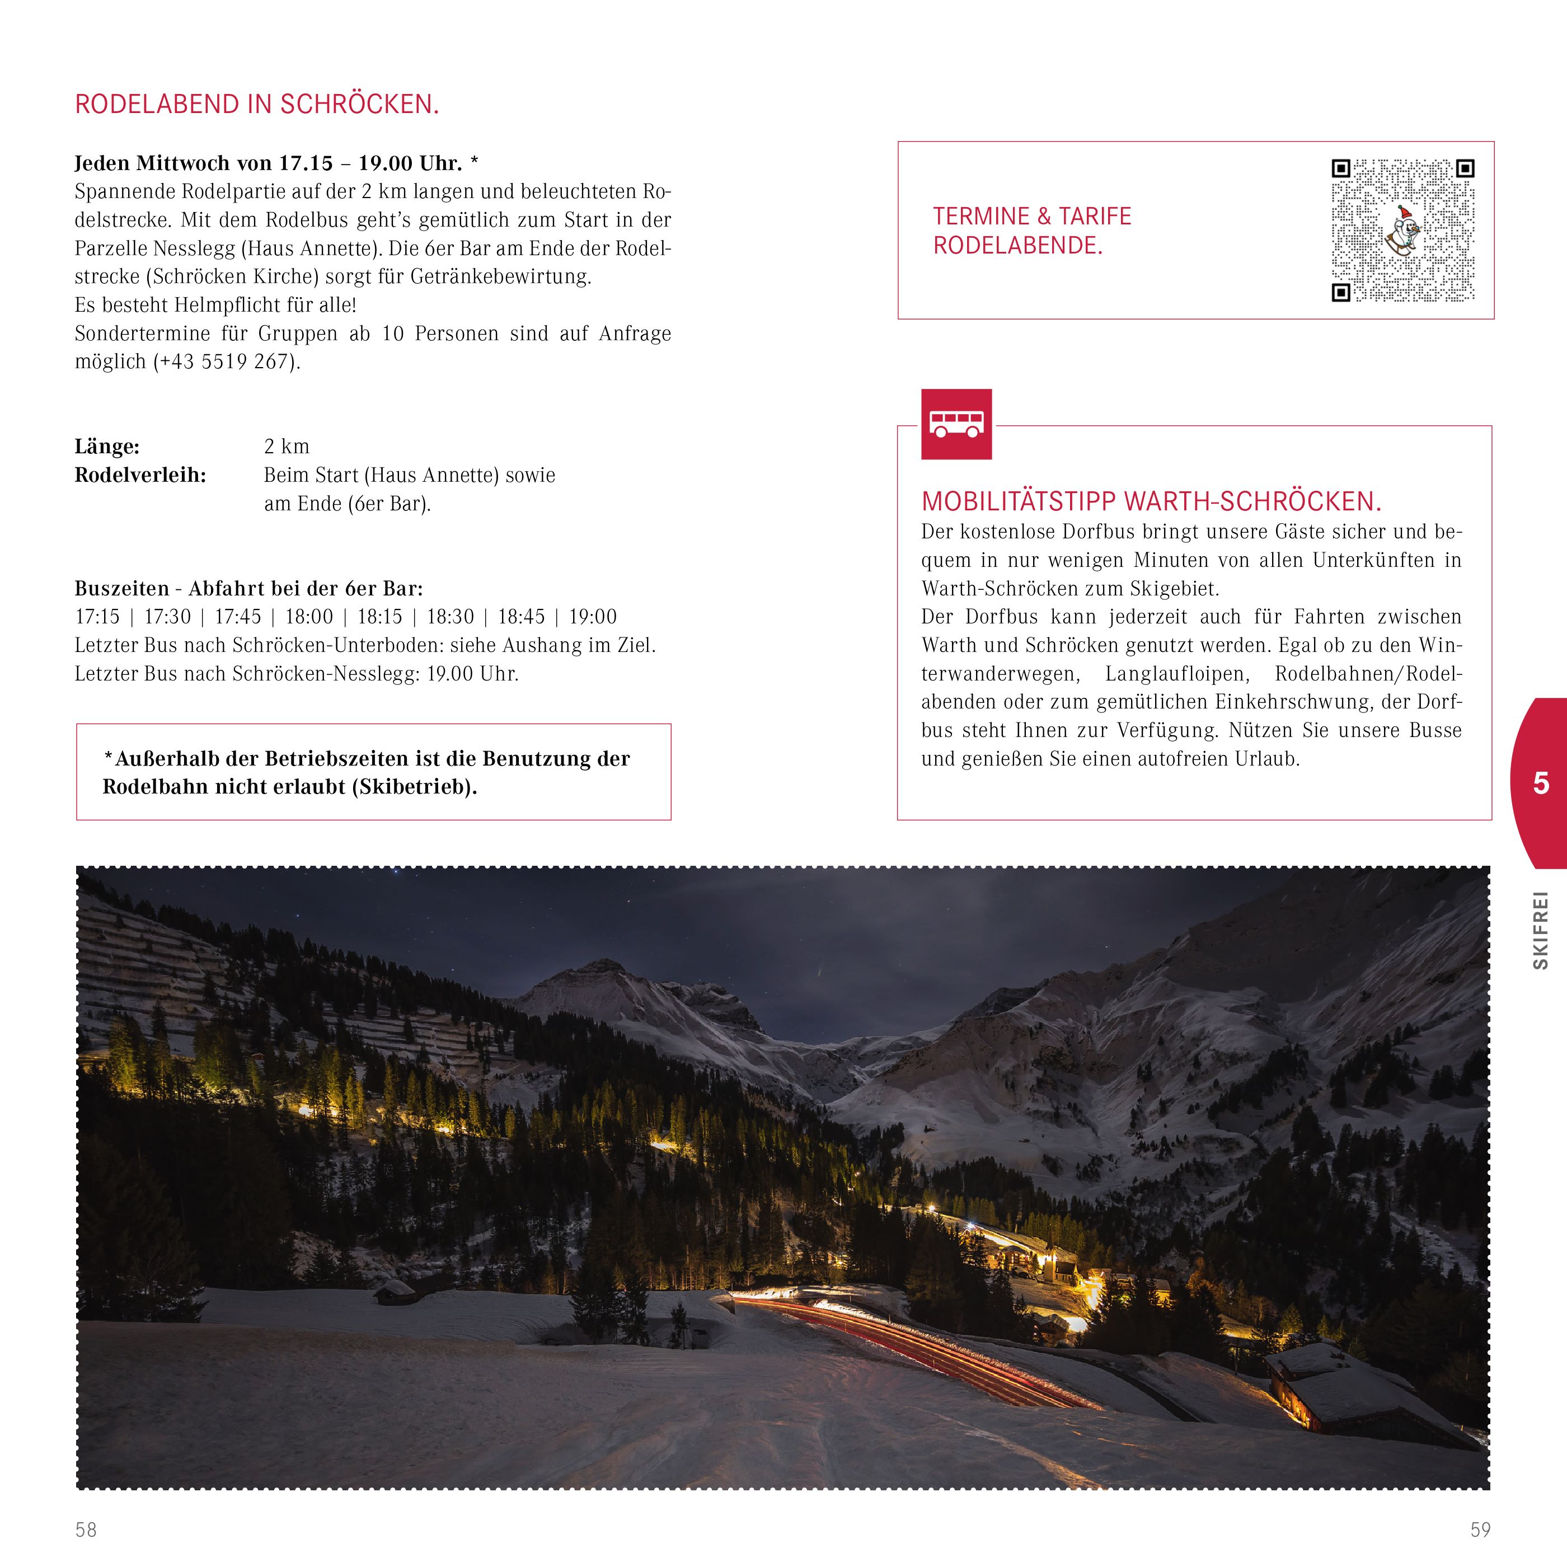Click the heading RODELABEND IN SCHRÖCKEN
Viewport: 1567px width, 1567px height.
click(x=256, y=105)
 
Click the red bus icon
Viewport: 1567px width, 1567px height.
click(x=956, y=424)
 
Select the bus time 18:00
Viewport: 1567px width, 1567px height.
click(x=309, y=617)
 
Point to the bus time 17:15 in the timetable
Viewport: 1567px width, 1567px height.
click(x=97, y=617)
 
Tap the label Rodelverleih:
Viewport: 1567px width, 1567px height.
click(x=140, y=475)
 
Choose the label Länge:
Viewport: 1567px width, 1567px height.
click(x=107, y=447)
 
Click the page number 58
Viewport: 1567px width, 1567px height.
click(x=86, y=1530)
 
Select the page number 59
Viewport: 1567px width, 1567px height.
click(x=1480, y=1530)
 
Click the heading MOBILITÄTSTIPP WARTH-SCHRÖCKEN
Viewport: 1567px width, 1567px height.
click(x=1151, y=502)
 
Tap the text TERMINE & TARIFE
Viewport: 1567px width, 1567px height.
click(x=1031, y=217)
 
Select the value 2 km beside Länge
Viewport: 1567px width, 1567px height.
click(x=287, y=447)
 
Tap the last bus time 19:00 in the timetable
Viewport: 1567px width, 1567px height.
click(x=593, y=617)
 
